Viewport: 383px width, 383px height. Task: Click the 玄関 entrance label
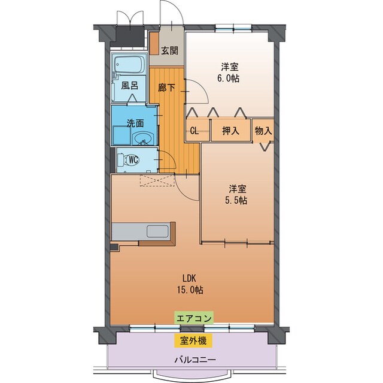point(169,51)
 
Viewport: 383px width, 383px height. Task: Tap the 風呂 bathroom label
point(129,85)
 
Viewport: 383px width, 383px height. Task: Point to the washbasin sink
point(142,140)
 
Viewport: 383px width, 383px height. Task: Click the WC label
point(134,159)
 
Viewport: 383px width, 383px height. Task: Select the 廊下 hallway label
point(167,88)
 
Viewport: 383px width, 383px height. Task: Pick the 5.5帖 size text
point(236,200)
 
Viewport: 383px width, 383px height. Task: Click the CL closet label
point(194,130)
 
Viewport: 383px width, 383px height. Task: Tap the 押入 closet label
point(230,130)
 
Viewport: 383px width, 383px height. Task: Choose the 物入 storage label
point(263,130)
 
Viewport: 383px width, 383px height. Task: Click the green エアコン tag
point(193,318)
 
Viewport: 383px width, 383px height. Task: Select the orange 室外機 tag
point(193,340)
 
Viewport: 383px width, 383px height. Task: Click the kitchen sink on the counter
point(157,231)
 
